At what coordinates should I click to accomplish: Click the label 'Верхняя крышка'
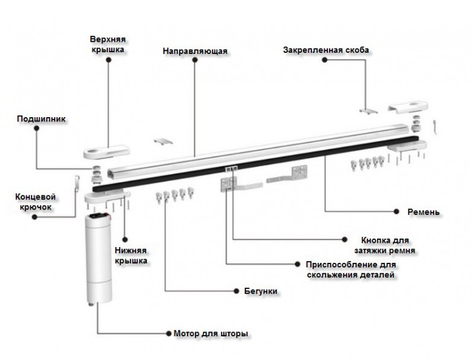point(108,45)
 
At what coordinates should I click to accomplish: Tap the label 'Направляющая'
point(195,51)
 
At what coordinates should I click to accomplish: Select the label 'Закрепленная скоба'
point(326,50)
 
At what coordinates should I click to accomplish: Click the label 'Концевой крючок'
point(35,202)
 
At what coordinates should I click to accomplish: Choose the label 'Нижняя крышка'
point(130,256)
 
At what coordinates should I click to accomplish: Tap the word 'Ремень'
point(424,212)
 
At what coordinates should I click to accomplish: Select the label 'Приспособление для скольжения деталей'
point(352,270)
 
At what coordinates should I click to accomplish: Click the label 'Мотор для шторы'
point(211,334)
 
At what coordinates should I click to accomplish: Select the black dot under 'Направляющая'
point(194,61)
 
